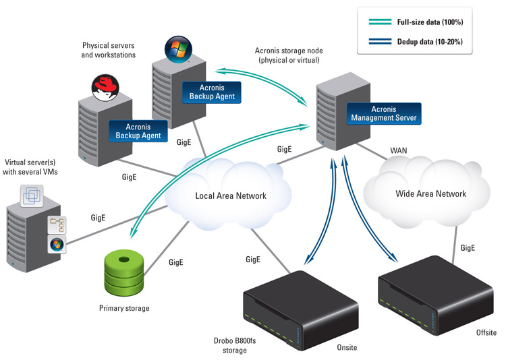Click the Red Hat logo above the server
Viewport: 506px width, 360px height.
click(x=105, y=87)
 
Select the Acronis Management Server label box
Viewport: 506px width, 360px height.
click(x=385, y=113)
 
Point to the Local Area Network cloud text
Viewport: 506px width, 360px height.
click(x=231, y=196)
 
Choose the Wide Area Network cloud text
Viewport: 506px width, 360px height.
click(x=430, y=194)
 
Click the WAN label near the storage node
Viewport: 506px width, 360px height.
click(x=399, y=149)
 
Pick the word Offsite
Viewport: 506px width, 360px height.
click(x=485, y=332)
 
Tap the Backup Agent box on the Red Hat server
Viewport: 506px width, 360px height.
click(x=138, y=131)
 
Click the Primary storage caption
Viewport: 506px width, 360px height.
click(x=123, y=309)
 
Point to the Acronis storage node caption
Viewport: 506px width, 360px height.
click(x=287, y=55)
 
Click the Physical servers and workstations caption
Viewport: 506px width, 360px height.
click(x=109, y=50)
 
